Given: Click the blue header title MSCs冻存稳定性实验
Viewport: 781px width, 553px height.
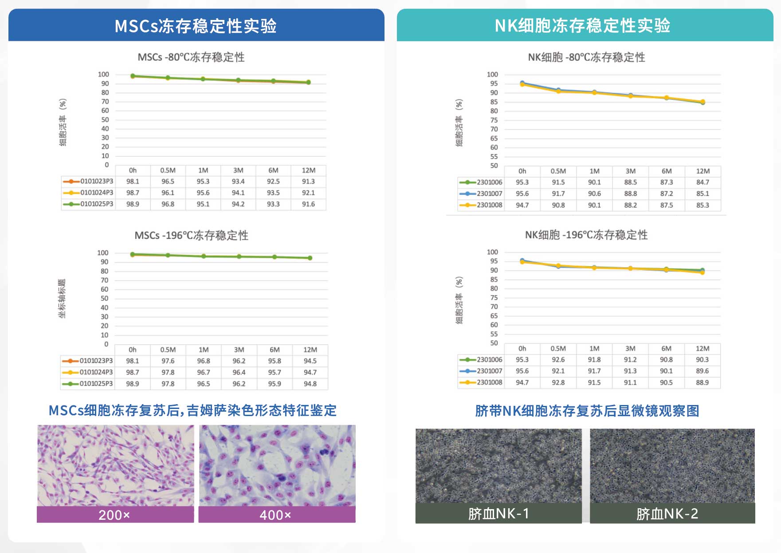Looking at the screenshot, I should pos(196,26).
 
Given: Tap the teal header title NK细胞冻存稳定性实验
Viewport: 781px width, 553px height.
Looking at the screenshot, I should pos(582,26).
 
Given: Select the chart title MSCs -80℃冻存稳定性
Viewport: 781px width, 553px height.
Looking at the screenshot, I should pos(191,57).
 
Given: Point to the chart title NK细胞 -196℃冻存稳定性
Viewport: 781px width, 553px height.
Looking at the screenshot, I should pos(586,235).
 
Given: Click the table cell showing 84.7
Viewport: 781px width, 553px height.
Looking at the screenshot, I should pos(703,182).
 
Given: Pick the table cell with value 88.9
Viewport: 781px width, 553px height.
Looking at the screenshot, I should pos(702,382).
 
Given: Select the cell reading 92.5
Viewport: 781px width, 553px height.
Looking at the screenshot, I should pos(273,182).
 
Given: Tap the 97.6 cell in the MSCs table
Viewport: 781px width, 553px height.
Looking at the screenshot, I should pos(168,361).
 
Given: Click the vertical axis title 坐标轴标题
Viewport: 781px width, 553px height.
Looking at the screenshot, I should pos(62,299).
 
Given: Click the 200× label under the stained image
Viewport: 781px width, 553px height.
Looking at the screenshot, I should pos(114,515).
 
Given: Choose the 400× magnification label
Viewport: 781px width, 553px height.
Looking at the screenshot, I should pos(275,515).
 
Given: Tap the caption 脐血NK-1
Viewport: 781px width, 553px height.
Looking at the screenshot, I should pos(498,514).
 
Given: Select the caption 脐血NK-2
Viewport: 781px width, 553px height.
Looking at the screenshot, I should pos(667,514).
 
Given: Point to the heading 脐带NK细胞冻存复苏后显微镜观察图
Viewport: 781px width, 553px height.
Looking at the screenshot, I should pos(587,411).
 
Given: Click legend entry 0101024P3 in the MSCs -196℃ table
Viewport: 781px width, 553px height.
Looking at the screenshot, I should pos(96,372).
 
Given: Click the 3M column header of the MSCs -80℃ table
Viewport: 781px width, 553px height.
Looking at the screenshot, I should pos(238,171).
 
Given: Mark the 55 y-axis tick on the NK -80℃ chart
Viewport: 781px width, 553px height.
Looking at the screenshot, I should pos(494,157).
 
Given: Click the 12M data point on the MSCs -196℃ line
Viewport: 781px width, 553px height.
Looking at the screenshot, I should pos(310,258).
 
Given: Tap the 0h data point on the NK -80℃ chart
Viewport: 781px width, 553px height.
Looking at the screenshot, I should pos(522,83).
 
